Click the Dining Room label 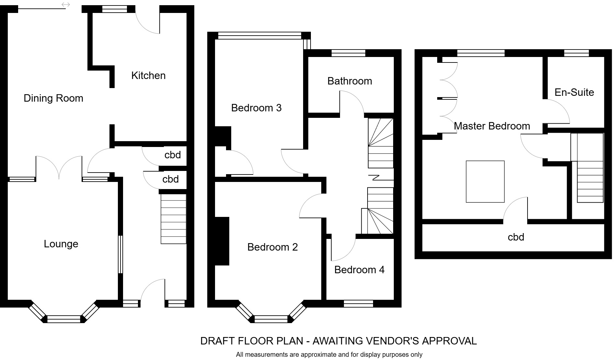(53, 98)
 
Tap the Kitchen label (148, 75)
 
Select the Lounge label (61, 244)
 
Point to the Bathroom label (350, 81)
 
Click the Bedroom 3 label (256, 108)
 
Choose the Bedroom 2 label (272, 247)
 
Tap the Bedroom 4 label (359, 270)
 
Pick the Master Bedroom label (492, 126)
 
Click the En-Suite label (574, 92)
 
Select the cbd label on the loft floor (516, 237)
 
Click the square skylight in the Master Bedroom (485, 182)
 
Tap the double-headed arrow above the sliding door (66, 5)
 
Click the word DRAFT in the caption (218, 341)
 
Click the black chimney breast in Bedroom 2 (222, 241)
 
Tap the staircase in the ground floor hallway (174, 219)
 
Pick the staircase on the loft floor (590, 181)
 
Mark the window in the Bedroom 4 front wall (358, 303)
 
